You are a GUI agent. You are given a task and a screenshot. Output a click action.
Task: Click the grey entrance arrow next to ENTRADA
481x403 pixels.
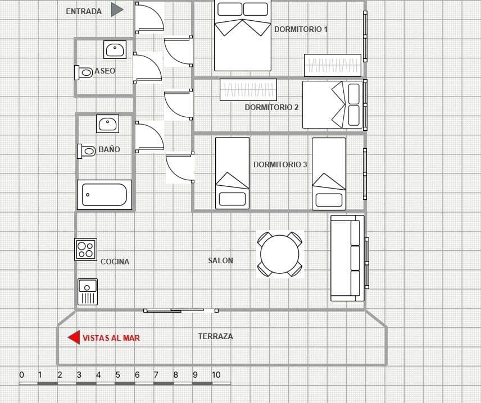point(117,10)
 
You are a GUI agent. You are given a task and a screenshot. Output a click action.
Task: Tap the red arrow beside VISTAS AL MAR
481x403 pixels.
point(74,337)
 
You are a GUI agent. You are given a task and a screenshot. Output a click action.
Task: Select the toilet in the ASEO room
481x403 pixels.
point(84,72)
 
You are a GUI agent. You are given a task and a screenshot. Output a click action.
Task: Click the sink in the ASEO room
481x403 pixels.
point(115,49)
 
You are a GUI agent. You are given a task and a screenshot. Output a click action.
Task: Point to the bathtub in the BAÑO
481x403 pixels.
point(105,195)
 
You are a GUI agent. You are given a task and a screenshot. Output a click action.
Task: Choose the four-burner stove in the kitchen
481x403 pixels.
point(86,249)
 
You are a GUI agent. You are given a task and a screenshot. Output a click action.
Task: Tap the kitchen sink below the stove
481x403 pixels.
point(87,292)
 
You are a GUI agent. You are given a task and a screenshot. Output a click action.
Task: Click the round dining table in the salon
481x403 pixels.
point(280,254)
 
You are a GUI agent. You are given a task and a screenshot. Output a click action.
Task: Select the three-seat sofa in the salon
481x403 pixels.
point(347,258)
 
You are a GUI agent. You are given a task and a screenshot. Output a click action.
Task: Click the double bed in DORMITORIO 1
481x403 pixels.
point(243,36)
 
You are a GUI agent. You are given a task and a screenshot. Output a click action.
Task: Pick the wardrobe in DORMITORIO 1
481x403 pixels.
point(332,65)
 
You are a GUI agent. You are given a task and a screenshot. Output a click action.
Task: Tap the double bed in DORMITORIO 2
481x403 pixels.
point(333,104)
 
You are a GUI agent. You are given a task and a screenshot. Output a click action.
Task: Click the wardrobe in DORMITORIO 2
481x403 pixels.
point(248,89)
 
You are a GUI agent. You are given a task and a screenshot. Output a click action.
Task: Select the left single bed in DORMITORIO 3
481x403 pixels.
point(232,173)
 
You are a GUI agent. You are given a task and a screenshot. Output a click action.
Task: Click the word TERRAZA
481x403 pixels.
point(215,336)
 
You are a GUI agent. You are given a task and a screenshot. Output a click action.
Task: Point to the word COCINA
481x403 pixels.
point(115,262)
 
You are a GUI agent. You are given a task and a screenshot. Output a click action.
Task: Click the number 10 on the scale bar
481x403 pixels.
point(216,375)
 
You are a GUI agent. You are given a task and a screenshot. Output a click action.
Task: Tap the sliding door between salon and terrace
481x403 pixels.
point(180,310)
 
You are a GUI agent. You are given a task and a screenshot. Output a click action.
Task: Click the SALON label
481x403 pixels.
point(220,260)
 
